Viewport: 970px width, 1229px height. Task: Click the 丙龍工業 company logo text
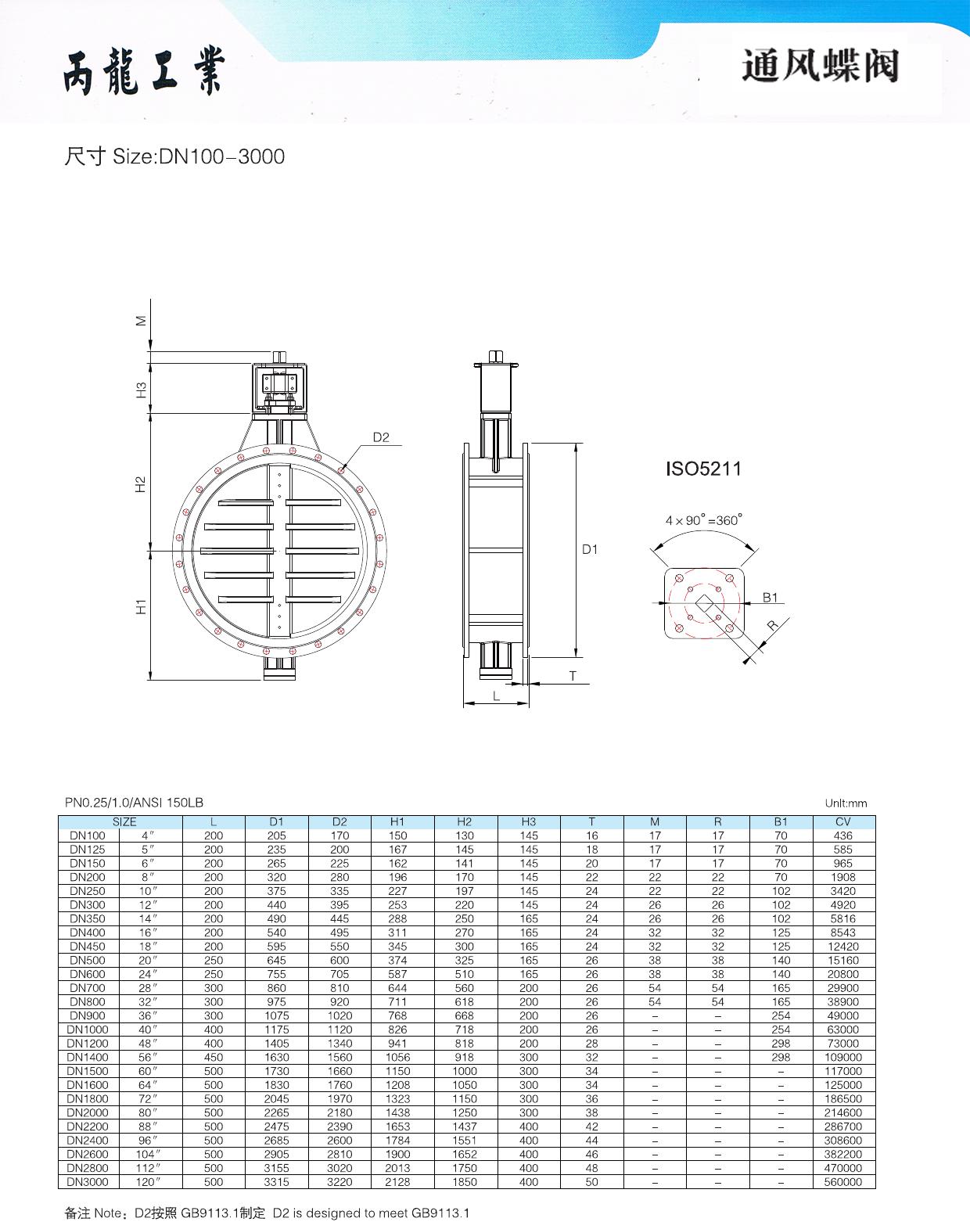[x=144, y=71]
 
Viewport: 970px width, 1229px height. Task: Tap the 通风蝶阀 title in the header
[x=821, y=66]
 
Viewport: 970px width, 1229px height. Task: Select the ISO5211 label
[x=703, y=469]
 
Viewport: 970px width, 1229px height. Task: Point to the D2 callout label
[x=381, y=437]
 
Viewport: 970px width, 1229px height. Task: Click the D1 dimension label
[x=590, y=549]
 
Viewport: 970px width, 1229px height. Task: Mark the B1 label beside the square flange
[x=770, y=597]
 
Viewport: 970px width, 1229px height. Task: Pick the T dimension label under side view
[x=573, y=676]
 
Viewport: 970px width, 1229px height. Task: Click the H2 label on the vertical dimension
[x=141, y=484]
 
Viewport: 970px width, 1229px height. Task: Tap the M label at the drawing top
[x=141, y=321]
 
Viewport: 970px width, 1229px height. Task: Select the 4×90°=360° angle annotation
[x=703, y=519]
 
